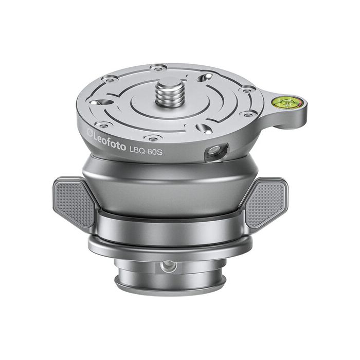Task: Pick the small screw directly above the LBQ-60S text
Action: (152, 136)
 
